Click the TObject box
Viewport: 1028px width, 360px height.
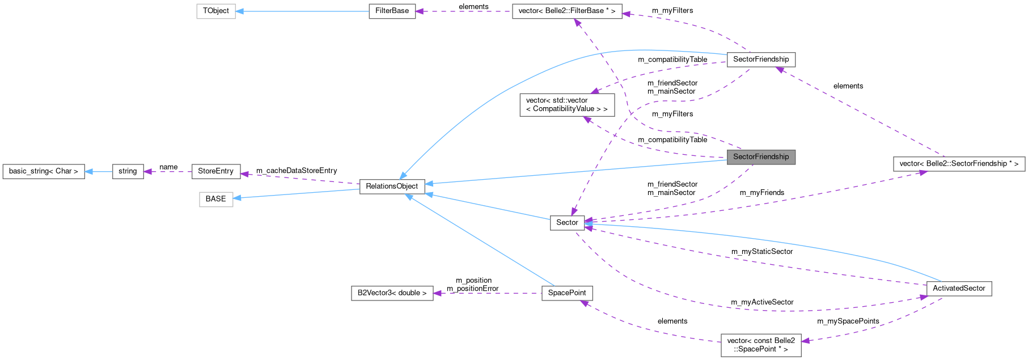coord(215,11)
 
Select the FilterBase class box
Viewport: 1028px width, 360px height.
coord(392,11)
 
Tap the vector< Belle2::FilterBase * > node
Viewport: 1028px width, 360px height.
coord(566,11)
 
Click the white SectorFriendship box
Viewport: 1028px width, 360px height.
coord(760,60)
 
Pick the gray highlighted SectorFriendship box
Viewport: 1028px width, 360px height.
coord(760,157)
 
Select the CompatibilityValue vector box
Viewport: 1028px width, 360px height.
coord(566,105)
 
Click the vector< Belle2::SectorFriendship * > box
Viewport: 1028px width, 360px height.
coord(958,164)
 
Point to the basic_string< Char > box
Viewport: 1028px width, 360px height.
coord(44,171)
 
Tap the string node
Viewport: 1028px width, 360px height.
coord(128,171)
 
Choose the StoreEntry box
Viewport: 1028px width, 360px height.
coord(215,171)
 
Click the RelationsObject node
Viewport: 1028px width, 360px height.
coord(392,187)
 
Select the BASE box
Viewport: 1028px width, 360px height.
coord(215,199)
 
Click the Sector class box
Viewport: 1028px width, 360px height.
coord(566,223)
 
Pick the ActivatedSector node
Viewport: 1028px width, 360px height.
coord(958,289)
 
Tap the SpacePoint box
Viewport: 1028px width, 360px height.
coord(566,293)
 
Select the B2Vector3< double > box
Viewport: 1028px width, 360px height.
coord(392,293)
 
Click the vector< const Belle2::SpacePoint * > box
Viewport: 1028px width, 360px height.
coord(760,345)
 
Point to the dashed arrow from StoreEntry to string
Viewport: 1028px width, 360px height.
coord(167,171)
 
